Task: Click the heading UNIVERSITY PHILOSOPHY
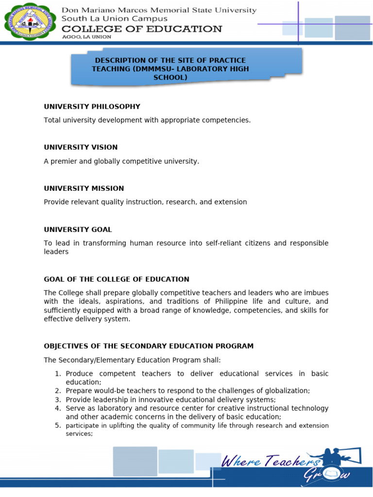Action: [92, 106]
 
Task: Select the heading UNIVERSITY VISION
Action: [81, 147]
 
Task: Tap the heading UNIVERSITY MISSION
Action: [84, 188]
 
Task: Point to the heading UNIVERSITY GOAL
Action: [78, 229]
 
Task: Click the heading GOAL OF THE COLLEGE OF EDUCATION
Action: [117, 279]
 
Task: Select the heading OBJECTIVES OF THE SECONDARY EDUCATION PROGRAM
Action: [149, 346]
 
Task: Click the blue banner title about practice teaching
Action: [170, 68]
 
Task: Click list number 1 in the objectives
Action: [57, 374]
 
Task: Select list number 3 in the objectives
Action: [57, 399]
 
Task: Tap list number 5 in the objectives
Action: [57, 426]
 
